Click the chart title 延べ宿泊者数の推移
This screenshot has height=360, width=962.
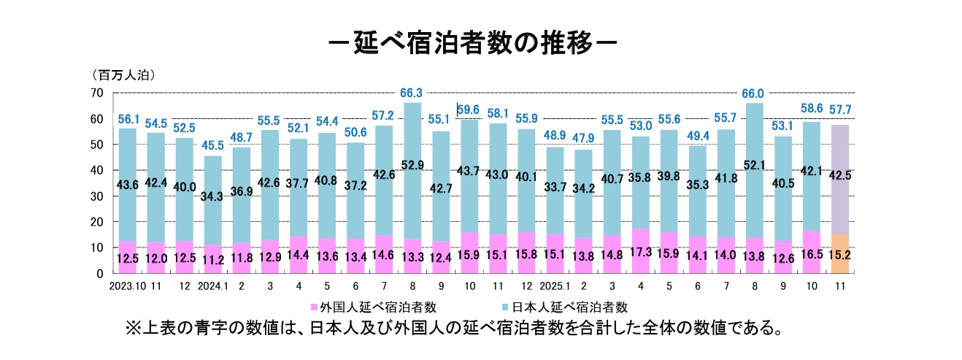[473, 41]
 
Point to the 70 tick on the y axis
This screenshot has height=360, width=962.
[98, 93]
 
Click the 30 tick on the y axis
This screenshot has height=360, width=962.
[98, 196]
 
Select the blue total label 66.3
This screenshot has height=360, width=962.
[412, 93]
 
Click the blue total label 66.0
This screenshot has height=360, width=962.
[753, 94]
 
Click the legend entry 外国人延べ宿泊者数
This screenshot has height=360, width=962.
[374, 306]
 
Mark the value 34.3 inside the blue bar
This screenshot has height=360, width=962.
[213, 196]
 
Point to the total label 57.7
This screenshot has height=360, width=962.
[839, 110]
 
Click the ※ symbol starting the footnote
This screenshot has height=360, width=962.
[133, 329]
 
